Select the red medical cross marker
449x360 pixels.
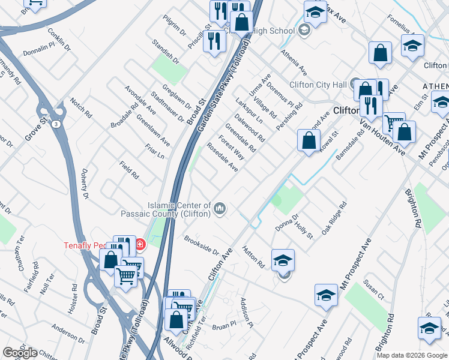point(140,244)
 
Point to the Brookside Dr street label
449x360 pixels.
point(201,244)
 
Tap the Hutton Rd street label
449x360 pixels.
point(253,256)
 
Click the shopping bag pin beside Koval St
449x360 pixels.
point(308,142)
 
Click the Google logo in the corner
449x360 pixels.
point(20,353)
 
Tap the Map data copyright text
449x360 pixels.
point(412,355)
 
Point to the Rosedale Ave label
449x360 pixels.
point(222,157)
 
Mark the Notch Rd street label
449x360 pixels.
point(80,107)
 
